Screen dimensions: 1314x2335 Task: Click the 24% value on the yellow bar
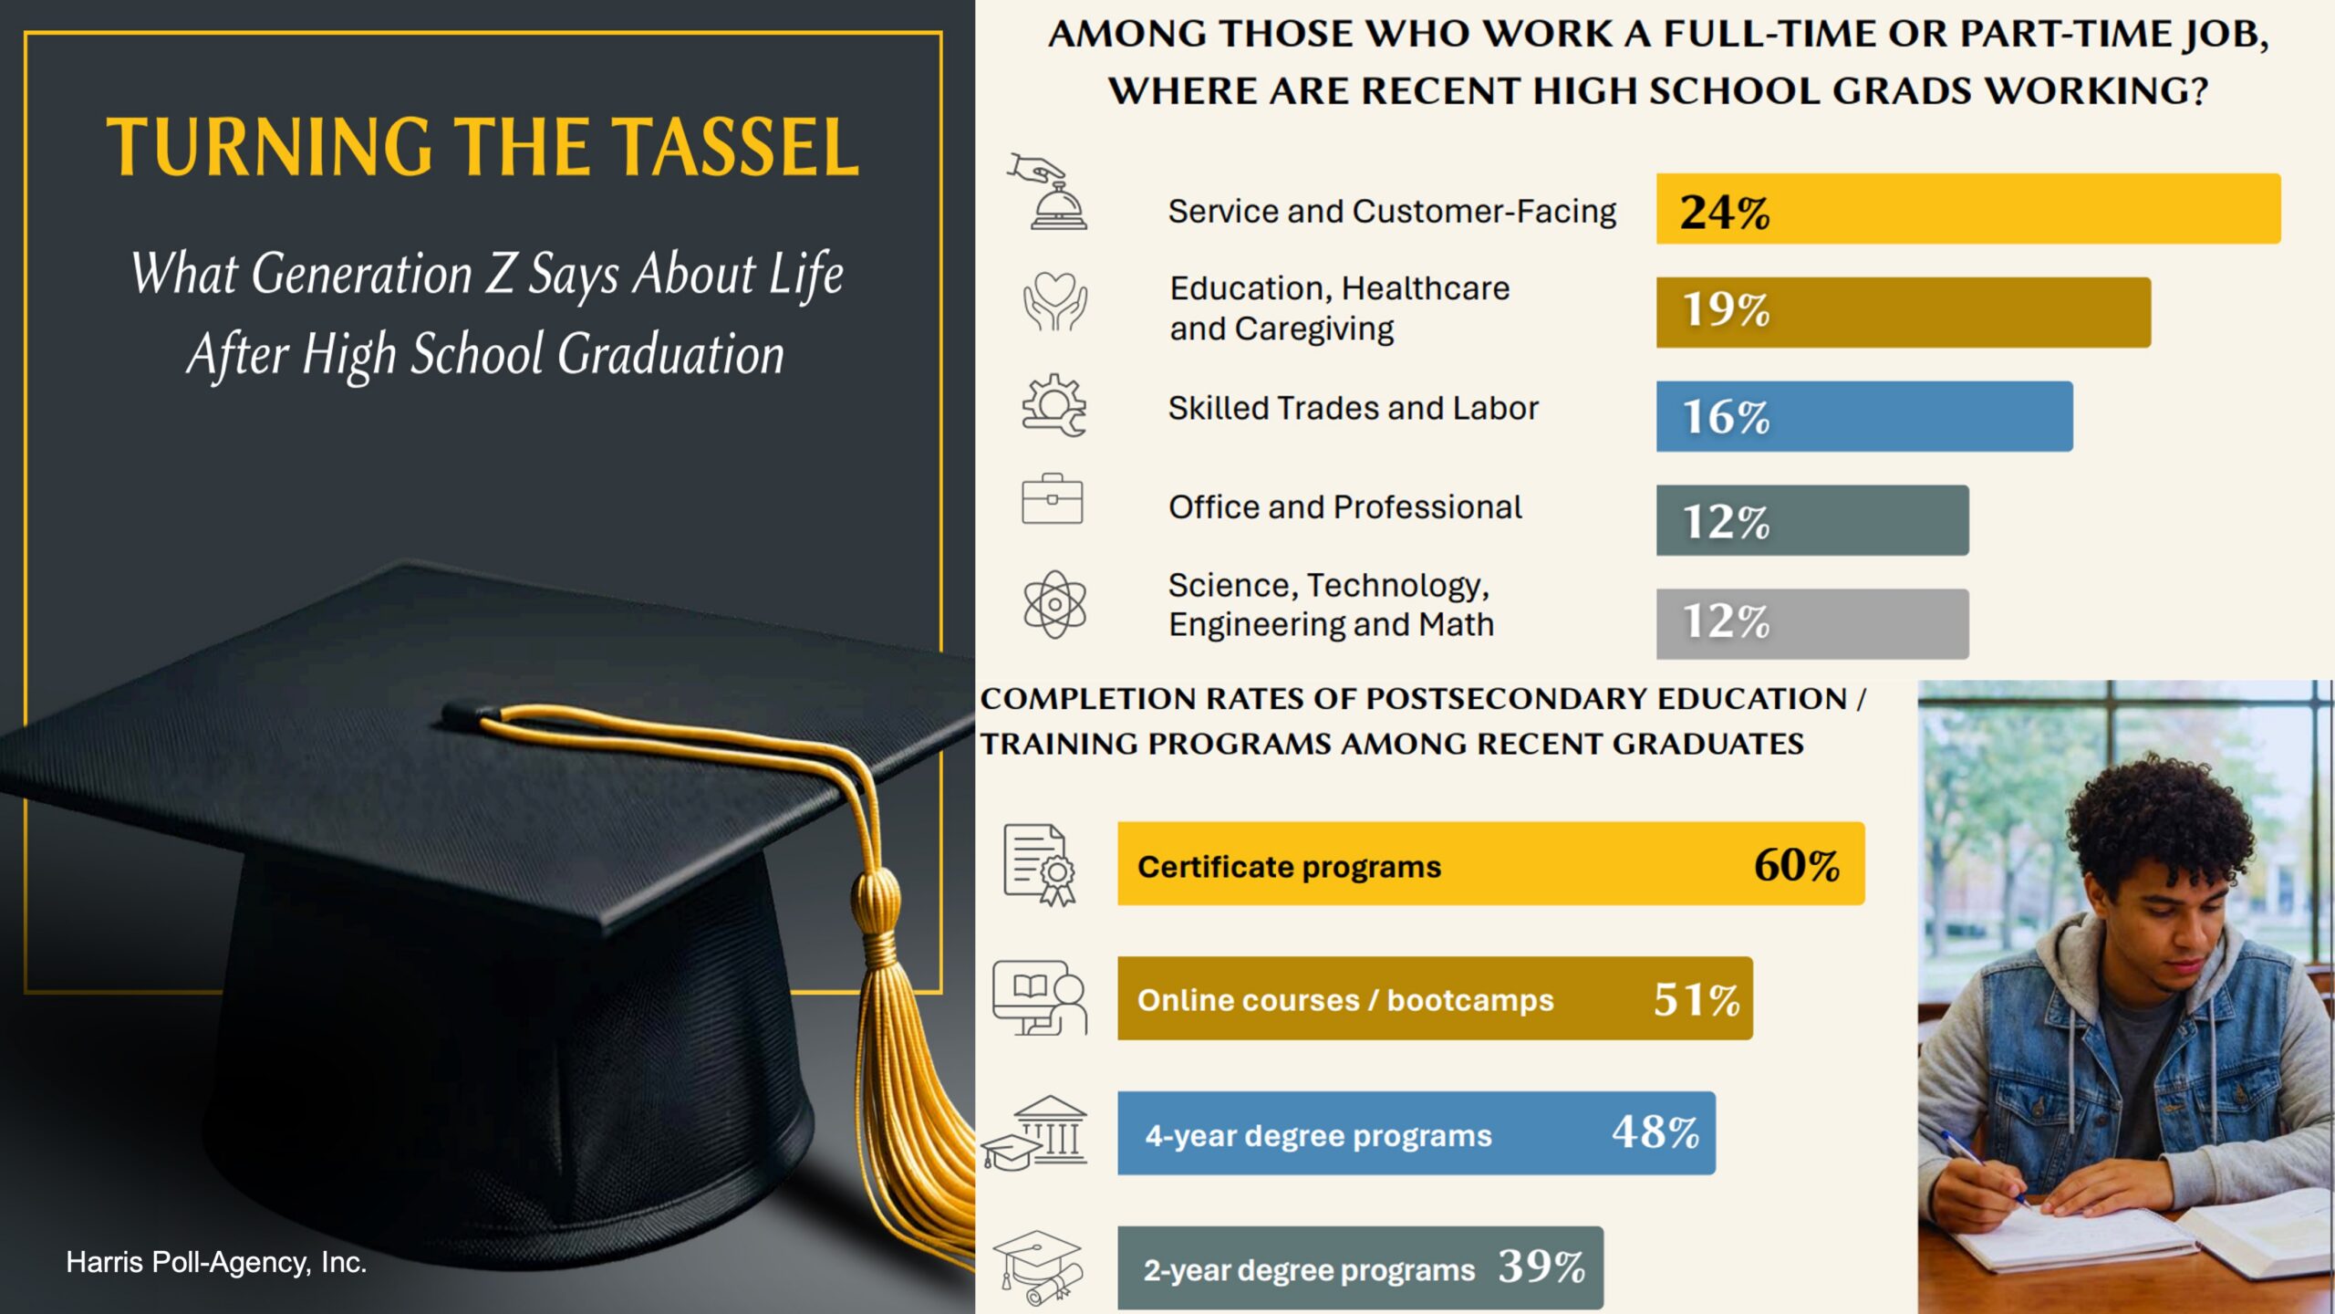click(x=1724, y=212)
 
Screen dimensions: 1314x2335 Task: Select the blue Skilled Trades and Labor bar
click(x=1863, y=416)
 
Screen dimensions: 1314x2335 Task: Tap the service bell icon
click(x=1053, y=196)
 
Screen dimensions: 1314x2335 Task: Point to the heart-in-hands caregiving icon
click(x=1053, y=303)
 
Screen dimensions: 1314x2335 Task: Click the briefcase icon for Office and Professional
click(x=1052, y=500)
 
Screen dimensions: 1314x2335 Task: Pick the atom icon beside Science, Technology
click(x=1054, y=604)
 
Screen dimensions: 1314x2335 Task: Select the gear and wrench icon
click(x=1053, y=405)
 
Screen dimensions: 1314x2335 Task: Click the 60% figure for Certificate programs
click(x=1796, y=865)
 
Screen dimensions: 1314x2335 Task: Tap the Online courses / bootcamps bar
click(x=1434, y=998)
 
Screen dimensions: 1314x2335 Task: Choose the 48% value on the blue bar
click(x=1655, y=1132)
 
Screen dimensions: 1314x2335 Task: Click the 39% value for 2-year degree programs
click(x=1541, y=1267)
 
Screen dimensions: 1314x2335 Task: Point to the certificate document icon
click(x=1039, y=864)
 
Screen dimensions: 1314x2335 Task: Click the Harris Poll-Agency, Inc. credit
click(x=216, y=1262)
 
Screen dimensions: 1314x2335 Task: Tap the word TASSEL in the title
click(x=735, y=148)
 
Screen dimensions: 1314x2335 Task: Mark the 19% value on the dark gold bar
click(x=1725, y=310)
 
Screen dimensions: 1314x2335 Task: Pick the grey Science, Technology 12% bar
click(x=1811, y=623)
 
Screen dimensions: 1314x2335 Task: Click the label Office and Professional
click(x=1344, y=507)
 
